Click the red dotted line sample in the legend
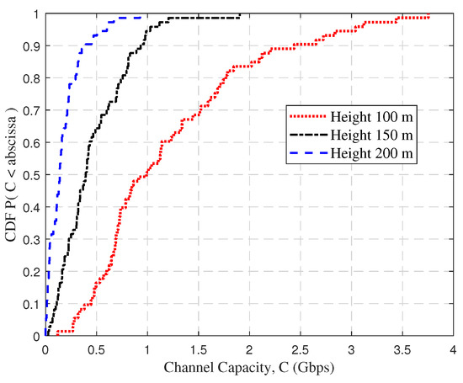pyautogui.click(x=307, y=117)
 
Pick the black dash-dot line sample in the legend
pyautogui.click(x=307, y=136)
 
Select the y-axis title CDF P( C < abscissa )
pyautogui.click(x=13, y=174)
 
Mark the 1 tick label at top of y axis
pyautogui.click(x=36, y=15)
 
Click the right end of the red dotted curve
pyautogui.click(x=428, y=15)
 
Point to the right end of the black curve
pyautogui.click(x=240, y=14)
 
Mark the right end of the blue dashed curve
pyautogui.click(x=140, y=16)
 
